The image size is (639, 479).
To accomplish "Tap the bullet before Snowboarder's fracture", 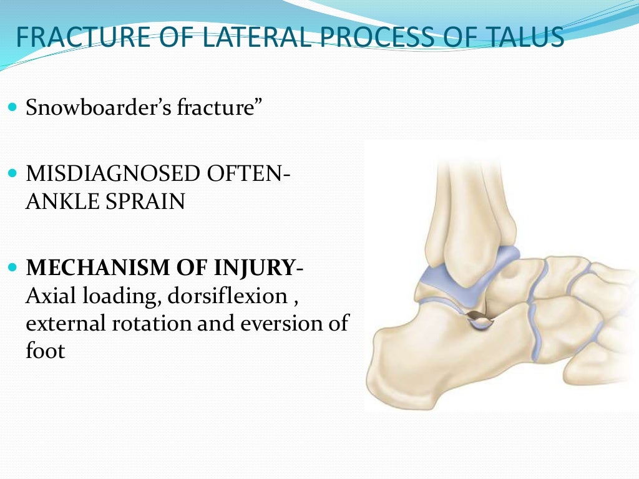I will click(x=14, y=107).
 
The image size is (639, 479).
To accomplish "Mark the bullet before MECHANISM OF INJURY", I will click(x=14, y=267).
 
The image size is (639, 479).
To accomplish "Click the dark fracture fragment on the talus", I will click(x=479, y=321).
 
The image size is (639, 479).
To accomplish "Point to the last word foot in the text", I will click(x=45, y=351).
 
